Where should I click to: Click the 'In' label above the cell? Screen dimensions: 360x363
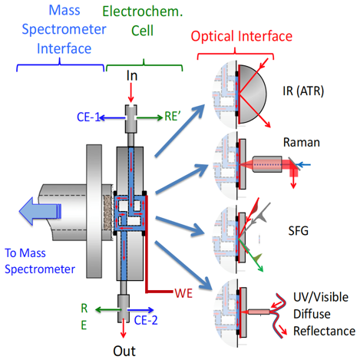[x=132, y=76]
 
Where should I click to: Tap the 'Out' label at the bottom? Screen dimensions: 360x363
[x=124, y=351]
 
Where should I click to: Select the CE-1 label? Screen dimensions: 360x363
[x=88, y=117]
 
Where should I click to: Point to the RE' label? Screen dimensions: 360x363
[x=173, y=117]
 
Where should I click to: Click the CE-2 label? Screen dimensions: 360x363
[x=146, y=320]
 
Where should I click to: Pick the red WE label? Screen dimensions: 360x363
[x=183, y=293]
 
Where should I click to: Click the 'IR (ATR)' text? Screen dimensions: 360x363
[x=303, y=91]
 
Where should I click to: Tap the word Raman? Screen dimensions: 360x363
[x=302, y=142]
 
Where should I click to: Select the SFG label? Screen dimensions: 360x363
[x=299, y=231]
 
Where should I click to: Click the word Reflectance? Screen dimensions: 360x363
[x=324, y=331]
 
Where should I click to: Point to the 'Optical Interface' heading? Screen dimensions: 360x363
[x=242, y=36]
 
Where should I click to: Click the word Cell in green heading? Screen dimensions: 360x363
[x=142, y=31]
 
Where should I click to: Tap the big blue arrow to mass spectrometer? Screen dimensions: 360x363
[x=40, y=211]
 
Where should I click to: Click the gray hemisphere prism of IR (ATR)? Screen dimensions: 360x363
[x=253, y=94]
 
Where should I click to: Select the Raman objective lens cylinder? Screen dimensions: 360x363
[x=267, y=164]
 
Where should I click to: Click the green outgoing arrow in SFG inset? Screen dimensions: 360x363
[x=251, y=255]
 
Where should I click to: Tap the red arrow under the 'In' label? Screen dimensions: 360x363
[x=131, y=93]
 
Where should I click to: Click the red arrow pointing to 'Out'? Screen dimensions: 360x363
[x=124, y=328]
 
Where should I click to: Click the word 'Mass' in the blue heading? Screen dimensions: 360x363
[x=64, y=10]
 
